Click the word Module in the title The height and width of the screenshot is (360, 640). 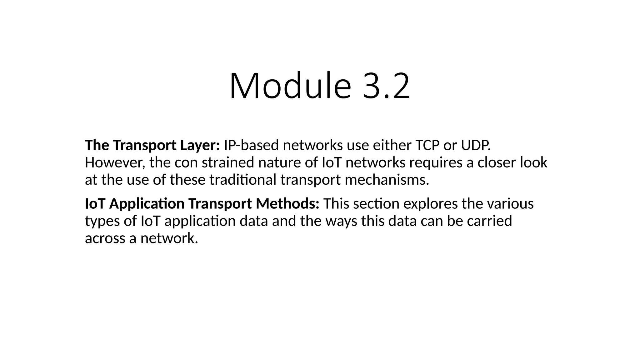click(x=290, y=86)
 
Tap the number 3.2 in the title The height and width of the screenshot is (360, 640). click(x=386, y=86)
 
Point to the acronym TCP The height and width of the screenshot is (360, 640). click(x=427, y=145)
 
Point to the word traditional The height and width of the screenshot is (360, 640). click(x=243, y=180)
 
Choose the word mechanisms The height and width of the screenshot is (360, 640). click(x=387, y=180)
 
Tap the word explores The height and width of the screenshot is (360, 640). click(x=430, y=204)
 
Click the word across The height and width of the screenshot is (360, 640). click(x=105, y=238)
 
